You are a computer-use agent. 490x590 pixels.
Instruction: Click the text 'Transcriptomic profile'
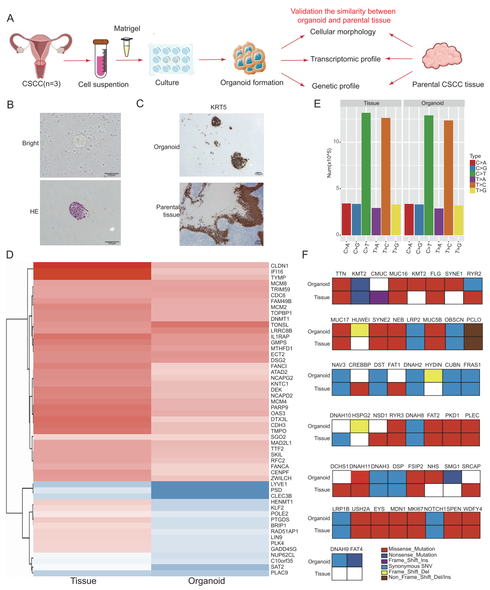click(345, 59)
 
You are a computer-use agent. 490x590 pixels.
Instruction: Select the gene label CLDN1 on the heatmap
click(279, 265)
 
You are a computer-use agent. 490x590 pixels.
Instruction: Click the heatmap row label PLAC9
click(279, 573)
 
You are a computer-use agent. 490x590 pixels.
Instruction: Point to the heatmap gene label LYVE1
click(279, 484)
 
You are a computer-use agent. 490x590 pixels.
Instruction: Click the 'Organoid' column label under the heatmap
click(207, 581)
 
